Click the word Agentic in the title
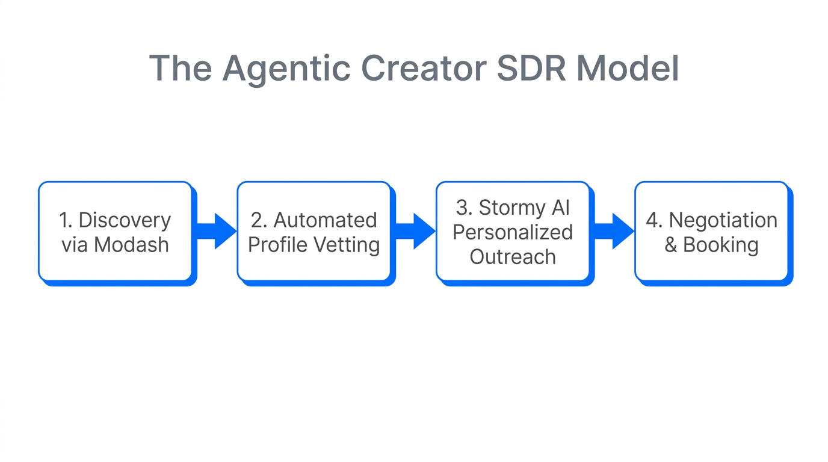pos(286,68)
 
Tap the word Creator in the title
pos(424,68)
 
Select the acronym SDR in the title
pos(531,68)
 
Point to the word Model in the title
pos(628,68)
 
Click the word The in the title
pos(180,68)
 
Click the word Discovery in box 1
pos(125,220)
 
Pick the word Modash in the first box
pos(131,245)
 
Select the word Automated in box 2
pos(325,220)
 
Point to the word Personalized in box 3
pos(513,232)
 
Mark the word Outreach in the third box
pos(513,257)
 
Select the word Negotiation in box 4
pos(723,220)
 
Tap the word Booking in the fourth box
pos(720,245)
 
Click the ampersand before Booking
pos(671,245)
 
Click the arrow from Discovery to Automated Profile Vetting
pos(216,231)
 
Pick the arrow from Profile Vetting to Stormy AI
pos(415,231)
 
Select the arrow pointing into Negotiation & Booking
pos(614,231)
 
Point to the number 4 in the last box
pos(652,220)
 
